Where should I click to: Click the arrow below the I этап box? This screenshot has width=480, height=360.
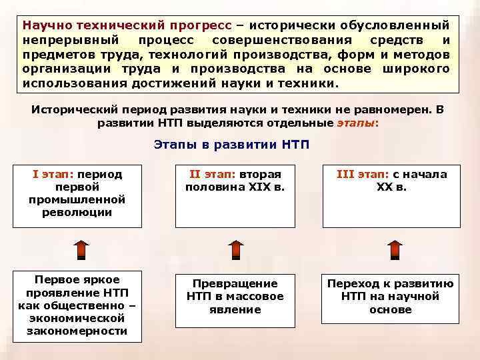[81, 249]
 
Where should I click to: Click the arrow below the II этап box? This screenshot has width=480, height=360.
[236, 249]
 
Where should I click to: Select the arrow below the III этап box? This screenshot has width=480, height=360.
[395, 249]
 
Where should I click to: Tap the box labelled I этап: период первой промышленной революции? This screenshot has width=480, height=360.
[77, 194]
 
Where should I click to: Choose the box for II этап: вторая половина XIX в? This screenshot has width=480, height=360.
[234, 194]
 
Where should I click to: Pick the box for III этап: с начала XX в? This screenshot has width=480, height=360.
[391, 194]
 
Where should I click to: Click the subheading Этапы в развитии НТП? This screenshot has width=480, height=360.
[231, 145]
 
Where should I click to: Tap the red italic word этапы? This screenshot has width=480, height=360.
[354, 123]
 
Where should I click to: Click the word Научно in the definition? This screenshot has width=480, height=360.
[47, 25]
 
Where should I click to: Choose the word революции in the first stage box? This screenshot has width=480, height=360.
[77, 213]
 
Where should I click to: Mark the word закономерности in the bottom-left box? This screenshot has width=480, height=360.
[77, 331]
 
